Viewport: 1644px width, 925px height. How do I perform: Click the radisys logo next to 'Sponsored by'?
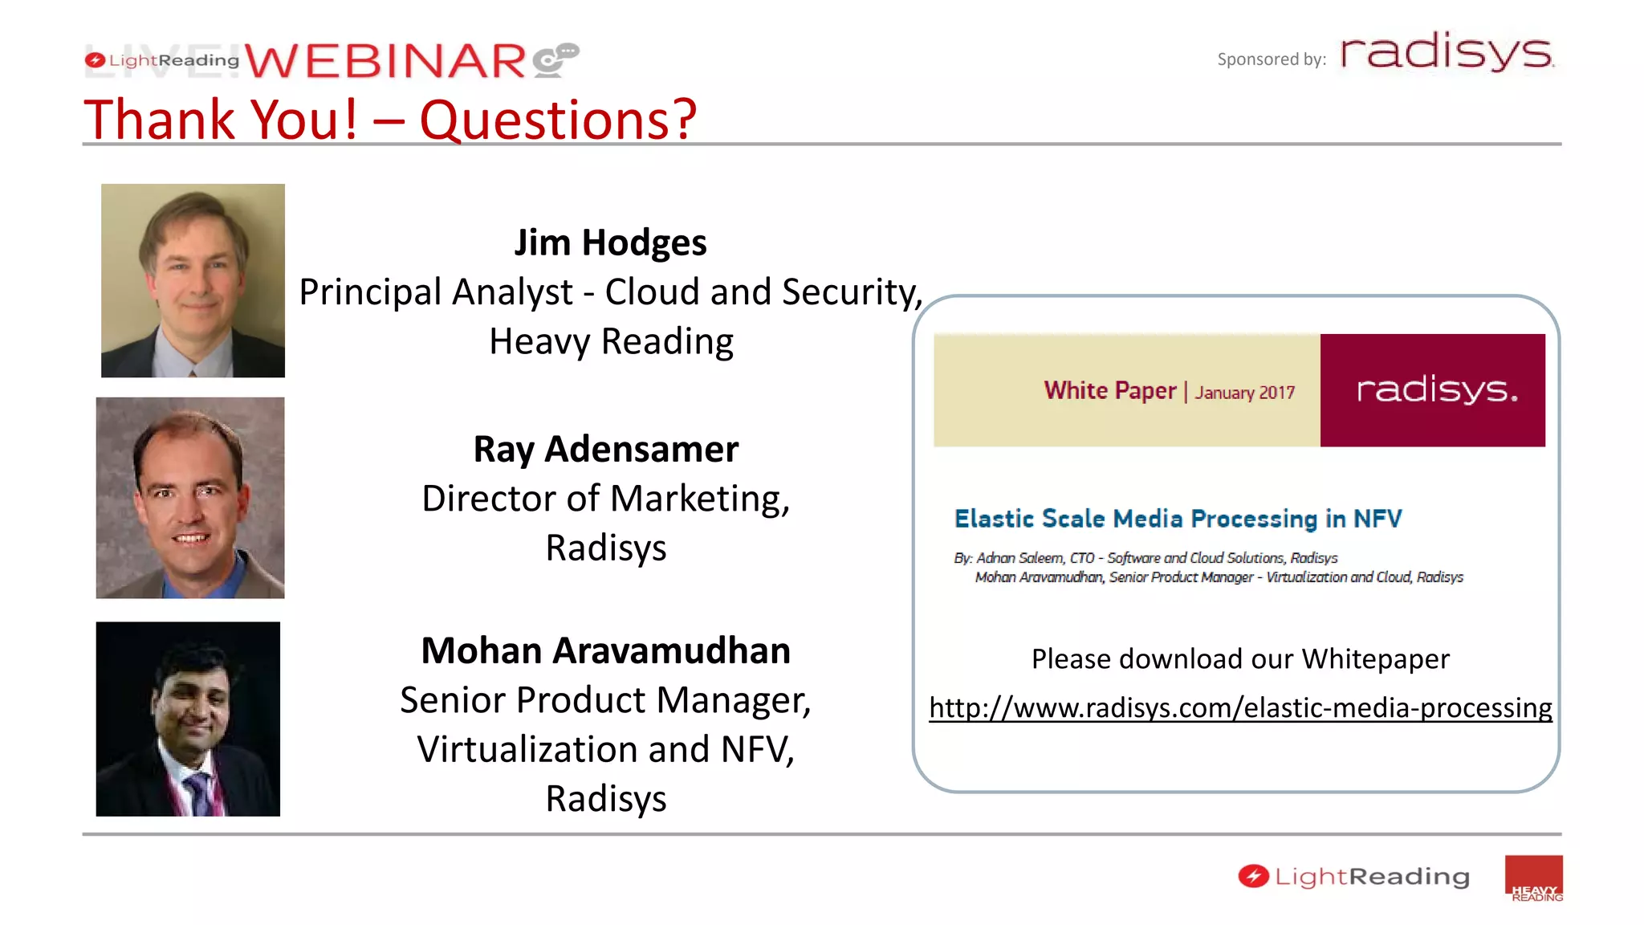tap(1447, 53)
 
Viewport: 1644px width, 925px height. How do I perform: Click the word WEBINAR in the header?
tap(385, 61)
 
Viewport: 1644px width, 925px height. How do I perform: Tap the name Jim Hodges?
tap(610, 242)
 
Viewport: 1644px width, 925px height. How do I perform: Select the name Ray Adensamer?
tap(606, 449)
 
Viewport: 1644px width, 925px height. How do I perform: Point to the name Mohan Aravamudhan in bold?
tap(606, 650)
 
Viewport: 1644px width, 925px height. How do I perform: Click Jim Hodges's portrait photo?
tap(193, 280)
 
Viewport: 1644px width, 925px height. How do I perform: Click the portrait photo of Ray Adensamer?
tap(190, 498)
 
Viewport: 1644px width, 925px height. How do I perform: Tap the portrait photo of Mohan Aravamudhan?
tap(188, 719)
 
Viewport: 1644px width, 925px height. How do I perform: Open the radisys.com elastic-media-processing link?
tap(1240, 707)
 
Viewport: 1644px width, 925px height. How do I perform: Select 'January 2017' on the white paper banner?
tap(1244, 393)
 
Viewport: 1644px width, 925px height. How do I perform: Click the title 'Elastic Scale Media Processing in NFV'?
tap(1178, 519)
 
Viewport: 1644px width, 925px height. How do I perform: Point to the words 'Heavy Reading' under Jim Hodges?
tap(611, 341)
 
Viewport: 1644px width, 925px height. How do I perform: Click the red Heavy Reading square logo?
tap(1533, 878)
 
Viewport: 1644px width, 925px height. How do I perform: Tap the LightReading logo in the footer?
tap(1354, 876)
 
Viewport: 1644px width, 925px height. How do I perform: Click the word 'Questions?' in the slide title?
tap(558, 120)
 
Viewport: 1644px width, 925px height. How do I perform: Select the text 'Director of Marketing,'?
tap(606, 499)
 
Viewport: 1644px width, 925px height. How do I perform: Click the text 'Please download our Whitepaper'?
tap(1240, 659)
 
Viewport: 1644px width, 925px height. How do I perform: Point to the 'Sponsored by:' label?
tap(1271, 59)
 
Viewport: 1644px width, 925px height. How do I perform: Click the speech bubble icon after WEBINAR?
tap(555, 60)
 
